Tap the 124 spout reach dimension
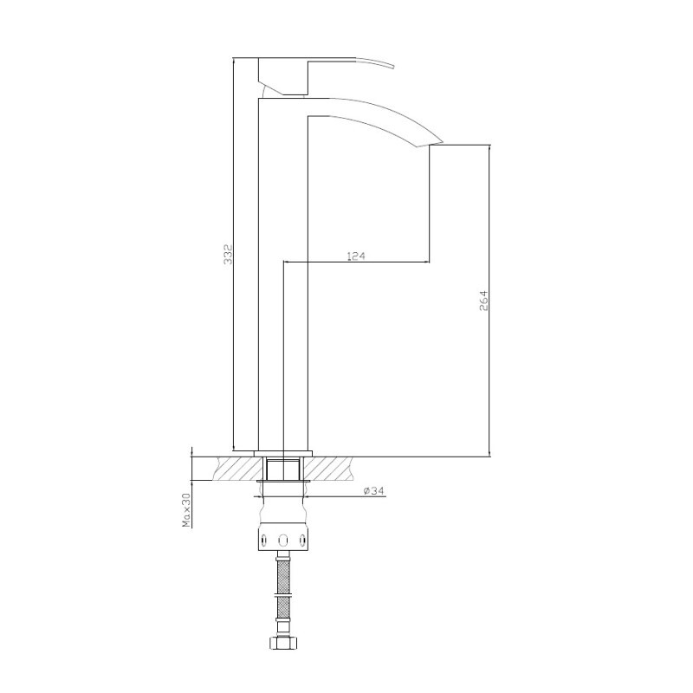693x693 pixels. pyautogui.click(x=356, y=256)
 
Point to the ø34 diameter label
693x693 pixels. pyautogui.click(x=374, y=491)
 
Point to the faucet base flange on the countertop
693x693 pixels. pyautogui.click(x=283, y=452)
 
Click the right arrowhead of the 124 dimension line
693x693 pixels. pyautogui.click(x=426, y=262)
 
